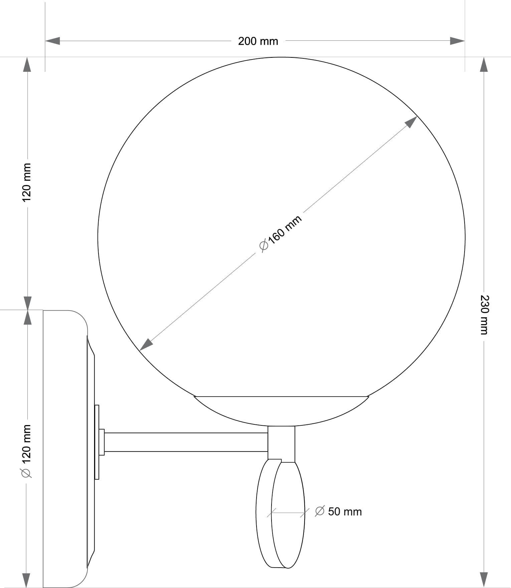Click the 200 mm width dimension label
[x=258, y=41]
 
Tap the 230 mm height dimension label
[x=484, y=315]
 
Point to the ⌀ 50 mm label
[x=338, y=512]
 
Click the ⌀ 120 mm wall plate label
[x=26, y=451]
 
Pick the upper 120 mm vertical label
[x=26, y=182]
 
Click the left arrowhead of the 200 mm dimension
[x=52, y=41]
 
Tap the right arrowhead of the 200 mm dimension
[x=457, y=41]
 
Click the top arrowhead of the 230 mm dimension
[x=484, y=64]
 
